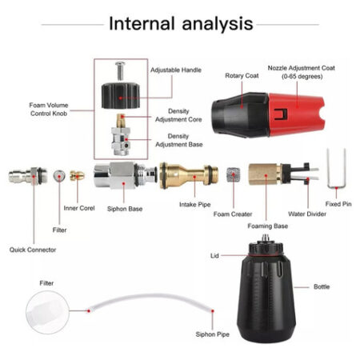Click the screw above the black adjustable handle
[x=120, y=70]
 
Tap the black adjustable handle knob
[x=121, y=95]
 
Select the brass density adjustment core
[x=121, y=121]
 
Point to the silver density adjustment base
[x=121, y=142]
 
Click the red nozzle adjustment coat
[x=296, y=114]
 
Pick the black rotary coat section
[x=240, y=114]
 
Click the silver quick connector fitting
[x=28, y=176]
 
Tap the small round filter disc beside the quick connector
[x=59, y=176]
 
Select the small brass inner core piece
[x=78, y=175]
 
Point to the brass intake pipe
[x=189, y=175]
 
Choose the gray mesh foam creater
[x=234, y=175]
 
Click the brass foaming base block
[x=265, y=174]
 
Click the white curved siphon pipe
[x=150, y=296]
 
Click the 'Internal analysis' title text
[x=181, y=23]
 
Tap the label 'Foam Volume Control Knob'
[x=49, y=110]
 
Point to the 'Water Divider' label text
[x=307, y=214]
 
